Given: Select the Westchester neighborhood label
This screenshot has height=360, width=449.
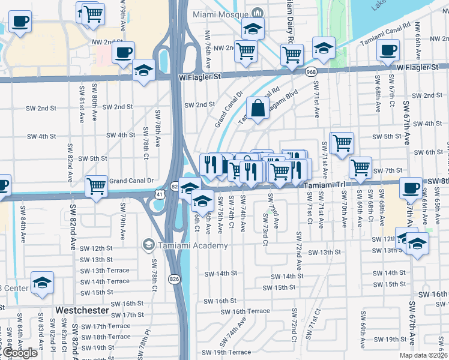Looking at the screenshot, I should coord(82,310).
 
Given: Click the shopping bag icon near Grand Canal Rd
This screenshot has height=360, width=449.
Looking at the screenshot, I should coord(258,109).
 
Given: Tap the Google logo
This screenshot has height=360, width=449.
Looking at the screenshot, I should coord(20,353).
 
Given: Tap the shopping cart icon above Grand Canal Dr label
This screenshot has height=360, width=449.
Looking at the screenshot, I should coord(97,187).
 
